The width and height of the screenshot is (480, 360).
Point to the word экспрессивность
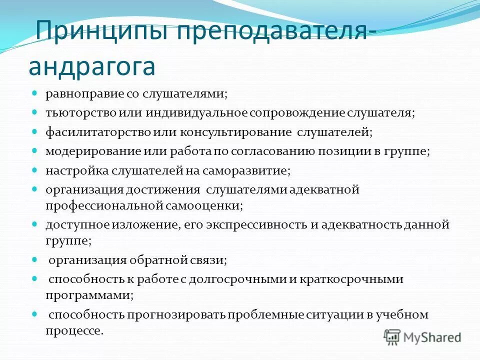click(x=256, y=224)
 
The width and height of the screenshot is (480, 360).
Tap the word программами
click(x=89, y=295)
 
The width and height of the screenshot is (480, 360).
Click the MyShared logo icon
click(x=392, y=337)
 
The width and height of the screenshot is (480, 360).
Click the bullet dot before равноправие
click(x=35, y=93)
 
